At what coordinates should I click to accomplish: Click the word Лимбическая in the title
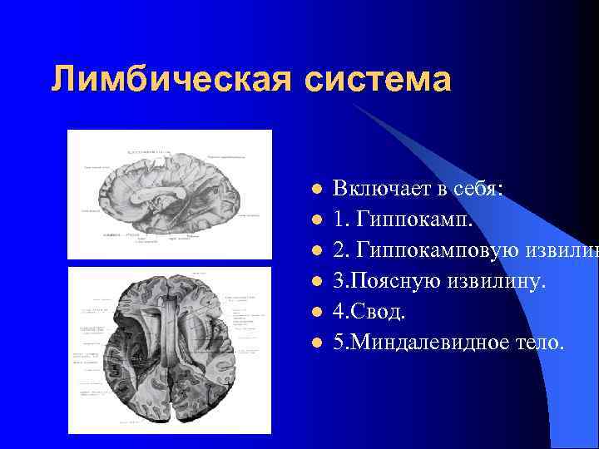tap(171, 81)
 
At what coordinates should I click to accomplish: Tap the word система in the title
tap(378, 81)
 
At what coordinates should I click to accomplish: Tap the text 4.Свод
tap(369, 311)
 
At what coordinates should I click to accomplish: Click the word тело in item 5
tap(539, 341)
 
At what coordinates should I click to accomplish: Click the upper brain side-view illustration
tap(169, 195)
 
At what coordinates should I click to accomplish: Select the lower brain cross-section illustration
tap(169, 350)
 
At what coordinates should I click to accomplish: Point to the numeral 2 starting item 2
tap(339, 251)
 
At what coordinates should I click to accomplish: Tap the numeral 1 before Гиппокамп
tap(338, 220)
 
